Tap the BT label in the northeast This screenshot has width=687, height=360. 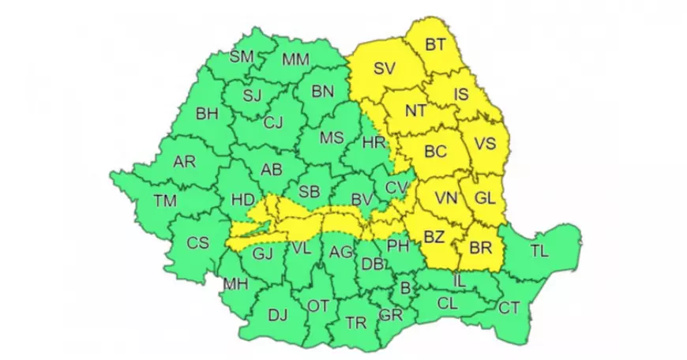click(435, 45)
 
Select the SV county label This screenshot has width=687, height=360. click(384, 69)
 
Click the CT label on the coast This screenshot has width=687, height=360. click(508, 307)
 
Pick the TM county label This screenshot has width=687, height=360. click(165, 201)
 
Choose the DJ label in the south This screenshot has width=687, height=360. click(278, 316)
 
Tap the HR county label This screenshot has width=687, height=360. click(373, 143)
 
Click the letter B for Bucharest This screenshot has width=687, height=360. click(406, 289)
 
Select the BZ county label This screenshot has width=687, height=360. click(434, 237)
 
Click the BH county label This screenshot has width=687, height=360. click(207, 114)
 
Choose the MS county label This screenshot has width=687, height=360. click(332, 137)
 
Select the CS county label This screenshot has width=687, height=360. click(197, 243)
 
